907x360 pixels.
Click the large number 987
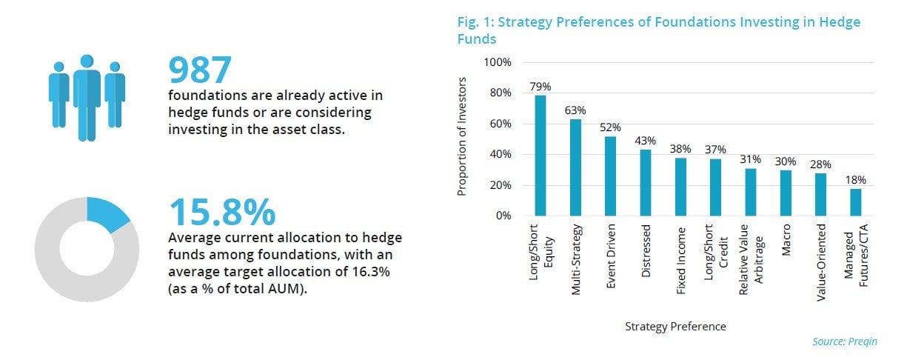[x=201, y=70]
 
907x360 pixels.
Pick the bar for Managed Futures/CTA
[x=856, y=202]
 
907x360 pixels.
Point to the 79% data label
[x=540, y=87]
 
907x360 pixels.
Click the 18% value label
[x=856, y=180]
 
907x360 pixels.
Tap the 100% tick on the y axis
[x=497, y=62]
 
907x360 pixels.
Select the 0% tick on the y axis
[x=502, y=216]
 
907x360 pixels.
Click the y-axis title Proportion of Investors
[x=462, y=139]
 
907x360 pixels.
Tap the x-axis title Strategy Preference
[x=675, y=326]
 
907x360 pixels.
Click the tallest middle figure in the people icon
[x=87, y=96]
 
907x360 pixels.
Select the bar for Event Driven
[x=611, y=176]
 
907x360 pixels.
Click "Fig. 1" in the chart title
[x=474, y=22]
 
